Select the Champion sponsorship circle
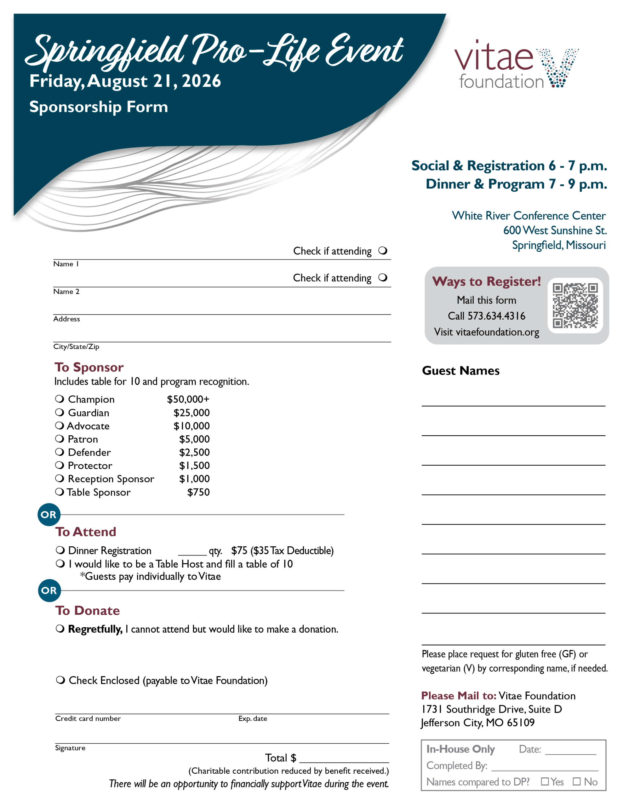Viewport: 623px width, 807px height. pos(60,399)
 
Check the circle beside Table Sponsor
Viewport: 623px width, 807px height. pos(60,491)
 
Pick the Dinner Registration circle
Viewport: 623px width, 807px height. pos(60,550)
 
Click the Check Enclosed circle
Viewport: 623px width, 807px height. pos(60,680)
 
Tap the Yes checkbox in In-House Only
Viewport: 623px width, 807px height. pos(544,781)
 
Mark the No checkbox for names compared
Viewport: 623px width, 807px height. pos(576,781)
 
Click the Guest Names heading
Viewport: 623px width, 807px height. pos(460,371)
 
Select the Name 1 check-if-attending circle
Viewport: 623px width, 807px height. pos(383,251)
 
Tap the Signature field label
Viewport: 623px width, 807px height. pos(70,748)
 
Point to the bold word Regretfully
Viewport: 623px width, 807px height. pos(95,629)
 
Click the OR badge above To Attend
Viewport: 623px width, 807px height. pos(49,514)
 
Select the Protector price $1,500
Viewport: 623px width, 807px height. pos(194,466)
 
